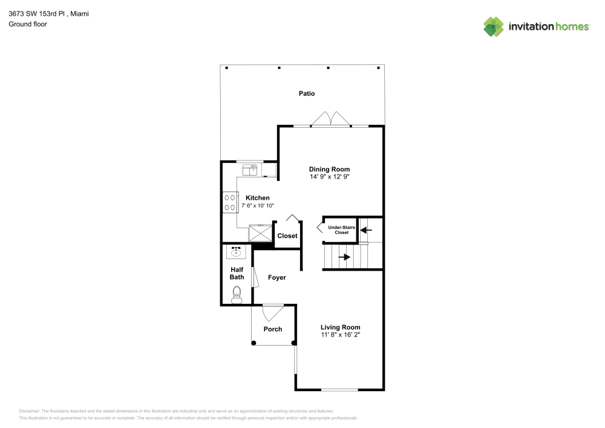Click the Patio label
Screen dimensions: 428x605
tap(307, 94)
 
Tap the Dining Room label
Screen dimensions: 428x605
tap(329, 170)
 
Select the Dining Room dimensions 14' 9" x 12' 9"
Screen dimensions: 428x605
tap(329, 177)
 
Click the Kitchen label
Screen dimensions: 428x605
tap(257, 198)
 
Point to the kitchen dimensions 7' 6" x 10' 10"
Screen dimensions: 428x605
tap(258, 206)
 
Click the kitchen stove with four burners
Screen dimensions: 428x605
tap(230, 202)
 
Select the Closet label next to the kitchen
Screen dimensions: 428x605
tap(287, 236)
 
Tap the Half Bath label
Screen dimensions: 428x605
tap(237, 273)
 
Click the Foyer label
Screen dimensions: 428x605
tap(276, 277)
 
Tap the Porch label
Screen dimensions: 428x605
tap(273, 329)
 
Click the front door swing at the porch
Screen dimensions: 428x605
tap(272, 313)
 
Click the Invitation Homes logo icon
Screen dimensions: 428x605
tap(494, 27)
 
